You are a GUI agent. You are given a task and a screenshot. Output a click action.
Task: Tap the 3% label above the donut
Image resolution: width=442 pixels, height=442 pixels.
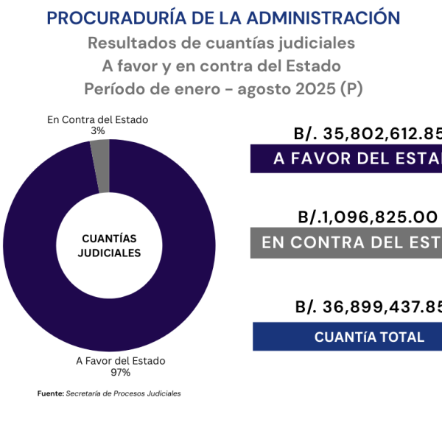pyautogui.click(x=98, y=130)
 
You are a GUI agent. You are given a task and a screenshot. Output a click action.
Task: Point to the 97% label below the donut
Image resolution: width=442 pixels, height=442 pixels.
pyautogui.click(x=120, y=372)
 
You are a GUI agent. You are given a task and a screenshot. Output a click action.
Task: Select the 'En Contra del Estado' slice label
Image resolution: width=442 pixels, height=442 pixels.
pyautogui.click(x=98, y=119)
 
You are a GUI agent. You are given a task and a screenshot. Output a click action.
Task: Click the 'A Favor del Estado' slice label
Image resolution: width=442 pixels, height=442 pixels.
pyautogui.click(x=121, y=361)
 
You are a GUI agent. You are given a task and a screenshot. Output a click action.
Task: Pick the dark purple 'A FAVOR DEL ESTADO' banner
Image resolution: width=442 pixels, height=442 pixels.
pyautogui.click(x=346, y=159)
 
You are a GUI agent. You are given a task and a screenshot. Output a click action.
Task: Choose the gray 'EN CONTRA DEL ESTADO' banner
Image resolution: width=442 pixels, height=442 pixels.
pyautogui.click(x=346, y=242)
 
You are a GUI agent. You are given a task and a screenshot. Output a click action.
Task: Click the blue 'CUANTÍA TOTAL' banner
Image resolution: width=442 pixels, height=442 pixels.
pyautogui.click(x=347, y=337)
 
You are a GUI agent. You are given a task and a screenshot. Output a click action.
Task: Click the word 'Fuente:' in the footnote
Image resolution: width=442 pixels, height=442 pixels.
pyautogui.click(x=51, y=393)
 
